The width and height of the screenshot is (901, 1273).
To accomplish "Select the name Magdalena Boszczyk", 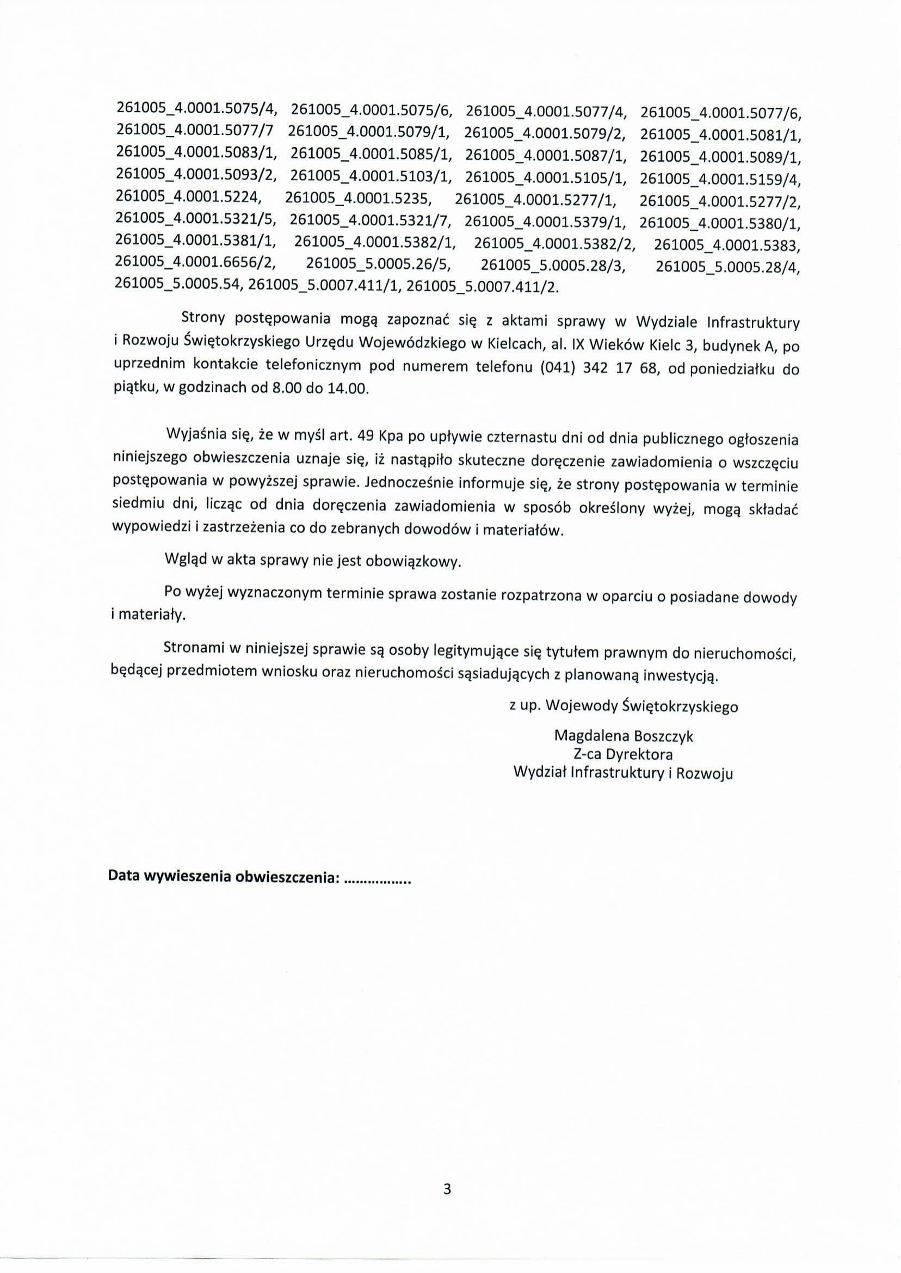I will tap(624, 736).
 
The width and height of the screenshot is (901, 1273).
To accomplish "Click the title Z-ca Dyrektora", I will tap(624, 755).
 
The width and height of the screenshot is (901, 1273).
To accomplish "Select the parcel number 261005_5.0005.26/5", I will tap(379, 264).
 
